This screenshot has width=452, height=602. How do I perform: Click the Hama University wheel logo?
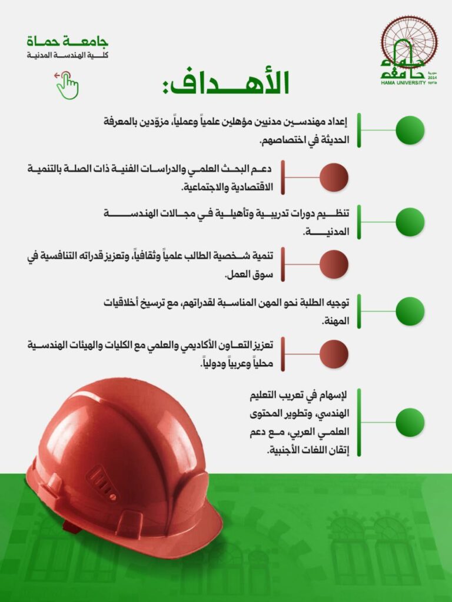pyautogui.click(x=409, y=44)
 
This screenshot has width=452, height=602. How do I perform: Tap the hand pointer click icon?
pyautogui.click(x=67, y=85)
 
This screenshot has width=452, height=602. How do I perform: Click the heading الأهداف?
pyautogui.click(x=226, y=83)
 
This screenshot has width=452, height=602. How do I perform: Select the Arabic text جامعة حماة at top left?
pyautogui.click(x=68, y=42)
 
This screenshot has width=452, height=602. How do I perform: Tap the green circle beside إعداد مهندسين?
pyautogui.click(x=410, y=131)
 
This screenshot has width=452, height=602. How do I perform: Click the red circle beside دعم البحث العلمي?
pyautogui.click(x=334, y=177)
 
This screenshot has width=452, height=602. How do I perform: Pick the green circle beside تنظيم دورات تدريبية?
pyautogui.click(x=410, y=222)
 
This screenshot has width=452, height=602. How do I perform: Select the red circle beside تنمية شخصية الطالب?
pyautogui.click(x=334, y=264)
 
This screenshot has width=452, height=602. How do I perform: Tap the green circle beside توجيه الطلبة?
pyautogui.click(x=410, y=312)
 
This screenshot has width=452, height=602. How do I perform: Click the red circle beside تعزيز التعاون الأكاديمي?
pyautogui.click(x=334, y=354)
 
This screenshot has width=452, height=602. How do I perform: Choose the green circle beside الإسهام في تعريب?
pyautogui.click(x=410, y=422)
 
